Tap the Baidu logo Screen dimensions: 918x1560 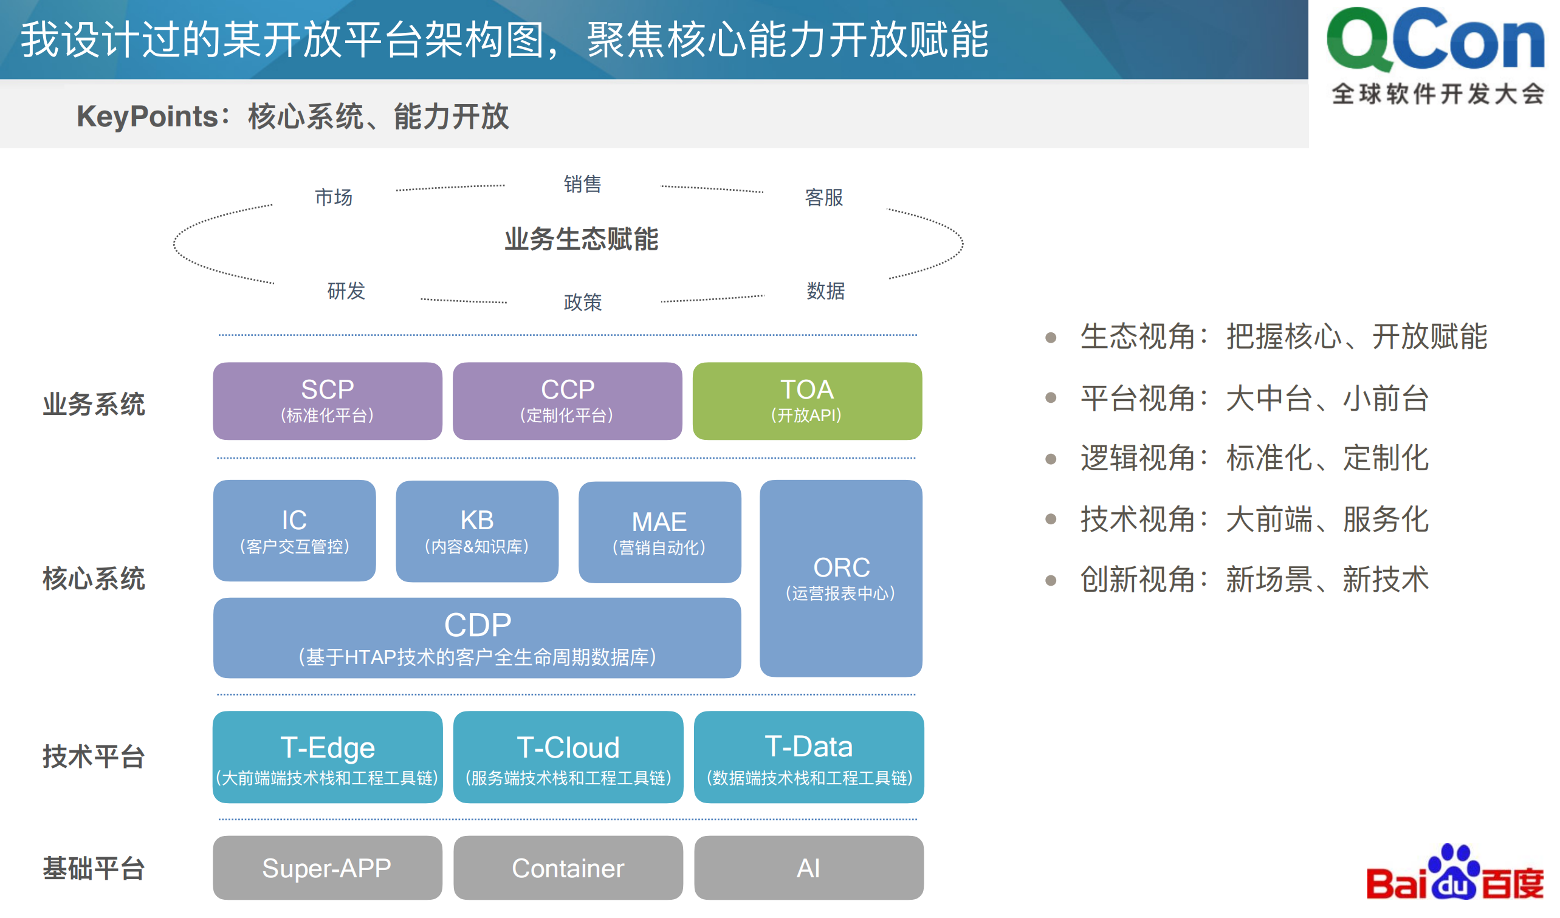(1455, 874)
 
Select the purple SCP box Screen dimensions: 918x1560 (328, 401)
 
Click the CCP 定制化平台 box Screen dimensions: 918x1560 (567, 401)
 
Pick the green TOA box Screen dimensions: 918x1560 (806, 401)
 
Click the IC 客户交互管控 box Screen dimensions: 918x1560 (294, 530)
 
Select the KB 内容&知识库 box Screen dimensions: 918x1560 (476, 531)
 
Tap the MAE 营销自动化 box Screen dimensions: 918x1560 (659, 532)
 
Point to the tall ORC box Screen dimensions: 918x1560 (840, 578)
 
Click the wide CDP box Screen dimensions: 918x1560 (476, 637)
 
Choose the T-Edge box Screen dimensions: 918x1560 (328, 756)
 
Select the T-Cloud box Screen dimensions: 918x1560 (568, 756)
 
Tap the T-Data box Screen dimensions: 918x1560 (808, 756)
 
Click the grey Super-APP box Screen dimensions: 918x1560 (328, 867)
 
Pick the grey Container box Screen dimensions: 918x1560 (568, 867)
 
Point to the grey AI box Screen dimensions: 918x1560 (808, 867)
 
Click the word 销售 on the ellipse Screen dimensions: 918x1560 (582, 184)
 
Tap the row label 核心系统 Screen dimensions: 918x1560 (94, 578)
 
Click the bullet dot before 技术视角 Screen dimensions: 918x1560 (1051, 519)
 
